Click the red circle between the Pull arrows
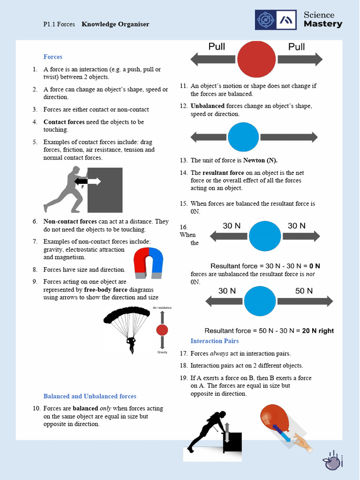coord(256,59)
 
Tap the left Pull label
coord(217,46)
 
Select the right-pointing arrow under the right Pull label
coord(300,59)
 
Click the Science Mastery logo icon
coord(276,20)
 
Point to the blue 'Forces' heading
coord(53,57)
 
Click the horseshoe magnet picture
coord(148,263)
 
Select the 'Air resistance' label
coord(162,307)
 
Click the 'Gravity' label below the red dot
coord(162,352)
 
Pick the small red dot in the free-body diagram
coord(162,330)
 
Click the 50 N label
coord(304,291)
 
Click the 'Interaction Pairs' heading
coord(214,341)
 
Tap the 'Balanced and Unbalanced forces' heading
coord(90,396)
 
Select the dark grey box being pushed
coord(105,190)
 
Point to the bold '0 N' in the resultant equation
coord(315,266)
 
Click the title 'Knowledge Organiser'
coord(115,24)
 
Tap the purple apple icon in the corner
coord(332,462)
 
